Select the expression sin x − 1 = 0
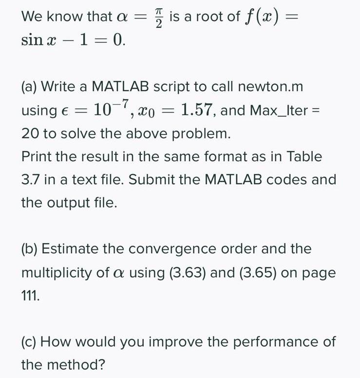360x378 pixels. coord(73,40)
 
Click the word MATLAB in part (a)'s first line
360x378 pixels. coord(121,87)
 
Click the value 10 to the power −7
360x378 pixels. coord(107,109)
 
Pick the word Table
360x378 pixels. coord(304,157)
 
